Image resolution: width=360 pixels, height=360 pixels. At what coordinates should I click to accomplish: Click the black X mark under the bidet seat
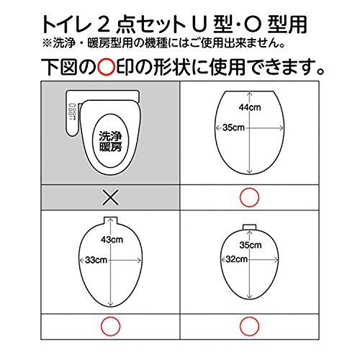click(x=110, y=197)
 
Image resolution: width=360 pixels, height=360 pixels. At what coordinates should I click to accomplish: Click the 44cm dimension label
click(x=250, y=107)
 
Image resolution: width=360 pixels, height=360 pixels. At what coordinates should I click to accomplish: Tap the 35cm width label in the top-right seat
click(x=233, y=127)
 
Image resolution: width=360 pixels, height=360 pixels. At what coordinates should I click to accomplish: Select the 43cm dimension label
click(x=112, y=240)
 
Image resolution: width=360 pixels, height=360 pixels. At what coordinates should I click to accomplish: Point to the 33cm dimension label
click(x=96, y=260)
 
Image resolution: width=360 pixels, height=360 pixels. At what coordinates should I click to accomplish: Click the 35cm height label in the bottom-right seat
click(x=251, y=245)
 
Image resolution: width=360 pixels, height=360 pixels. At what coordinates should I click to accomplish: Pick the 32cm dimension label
click(x=237, y=259)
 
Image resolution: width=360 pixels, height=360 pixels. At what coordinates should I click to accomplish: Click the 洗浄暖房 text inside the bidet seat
click(x=110, y=141)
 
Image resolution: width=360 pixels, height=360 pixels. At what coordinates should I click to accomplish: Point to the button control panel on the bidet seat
click(x=72, y=112)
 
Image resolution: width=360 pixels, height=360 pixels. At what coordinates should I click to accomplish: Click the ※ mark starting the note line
click(x=47, y=43)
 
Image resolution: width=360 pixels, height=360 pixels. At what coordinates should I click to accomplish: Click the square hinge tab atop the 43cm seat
click(x=111, y=220)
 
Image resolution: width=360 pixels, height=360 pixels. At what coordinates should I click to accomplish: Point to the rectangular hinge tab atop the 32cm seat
click(x=250, y=227)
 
